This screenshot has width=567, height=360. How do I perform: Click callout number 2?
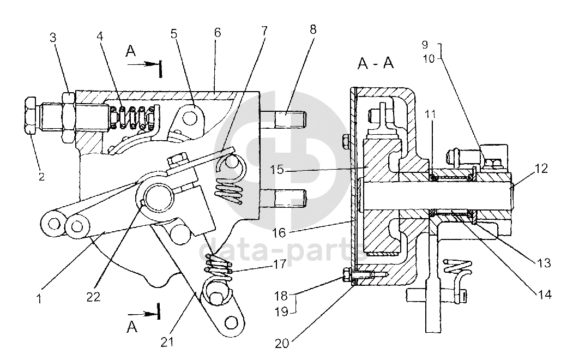coord(41,177)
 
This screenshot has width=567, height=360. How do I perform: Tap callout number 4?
coord(99,36)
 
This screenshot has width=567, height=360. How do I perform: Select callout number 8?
coord(313,29)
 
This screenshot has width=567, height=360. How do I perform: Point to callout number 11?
coord(430,115)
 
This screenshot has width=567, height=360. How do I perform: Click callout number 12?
coord(541,168)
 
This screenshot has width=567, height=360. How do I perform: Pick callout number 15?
coord(277,169)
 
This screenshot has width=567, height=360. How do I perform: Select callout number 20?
coord(282,343)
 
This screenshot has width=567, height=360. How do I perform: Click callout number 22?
coord(93,297)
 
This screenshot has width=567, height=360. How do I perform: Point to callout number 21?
coord(167,341)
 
